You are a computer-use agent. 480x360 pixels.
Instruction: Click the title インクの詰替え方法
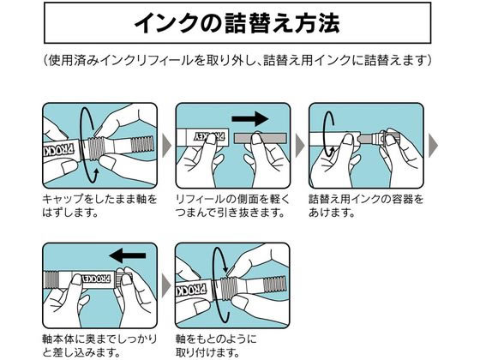coord(237,23)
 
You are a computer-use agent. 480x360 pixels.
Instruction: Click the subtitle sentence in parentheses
coord(237,60)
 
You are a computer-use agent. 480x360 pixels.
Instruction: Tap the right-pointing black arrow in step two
coord(250,119)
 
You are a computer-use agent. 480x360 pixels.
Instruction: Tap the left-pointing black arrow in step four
coord(128,255)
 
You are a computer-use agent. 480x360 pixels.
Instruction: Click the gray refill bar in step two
coord(261,138)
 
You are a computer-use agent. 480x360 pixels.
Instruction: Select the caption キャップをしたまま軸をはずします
coord(99,206)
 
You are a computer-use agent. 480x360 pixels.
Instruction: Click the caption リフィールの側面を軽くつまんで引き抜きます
coord(232,206)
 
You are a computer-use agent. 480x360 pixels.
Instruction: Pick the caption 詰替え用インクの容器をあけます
coord(366,206)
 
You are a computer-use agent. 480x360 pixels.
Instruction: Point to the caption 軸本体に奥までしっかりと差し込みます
coord(99,345)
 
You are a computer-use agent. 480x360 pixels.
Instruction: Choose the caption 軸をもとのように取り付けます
coord(216,345)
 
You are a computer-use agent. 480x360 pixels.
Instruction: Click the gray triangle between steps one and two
coord(166,146)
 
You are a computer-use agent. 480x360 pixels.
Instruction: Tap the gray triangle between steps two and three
coord(300,146)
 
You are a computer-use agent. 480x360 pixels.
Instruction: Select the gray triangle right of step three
coord(433,146)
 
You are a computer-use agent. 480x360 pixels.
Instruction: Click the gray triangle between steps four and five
coord(166,286)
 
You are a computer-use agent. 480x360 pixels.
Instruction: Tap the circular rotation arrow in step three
coord(326,135)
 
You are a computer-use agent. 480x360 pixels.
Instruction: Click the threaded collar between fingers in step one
coord(96,148)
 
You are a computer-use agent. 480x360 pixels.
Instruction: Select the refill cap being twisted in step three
coord(387,139)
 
